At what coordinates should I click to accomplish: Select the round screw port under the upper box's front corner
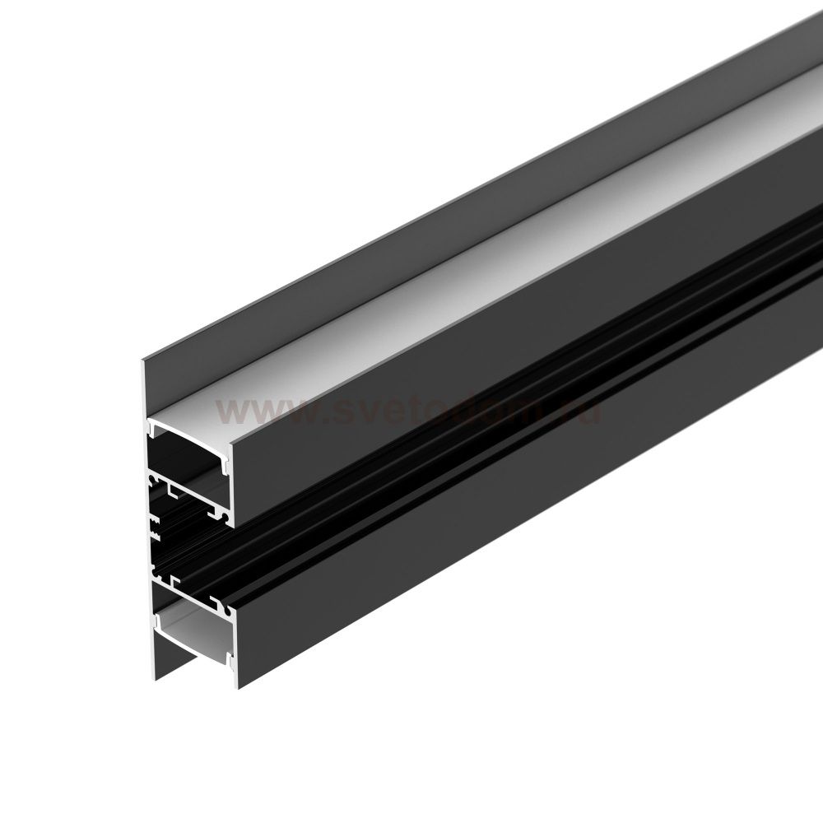[x=223, y=514]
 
